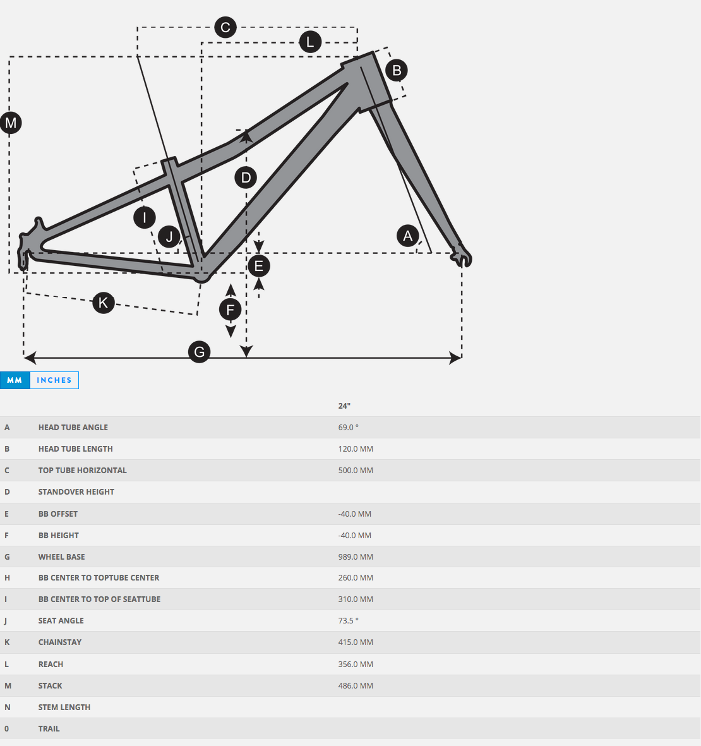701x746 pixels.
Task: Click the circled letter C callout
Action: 225,27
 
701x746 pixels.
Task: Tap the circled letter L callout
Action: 310,42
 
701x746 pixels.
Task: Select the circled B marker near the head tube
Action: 397,70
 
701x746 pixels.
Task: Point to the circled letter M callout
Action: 11,123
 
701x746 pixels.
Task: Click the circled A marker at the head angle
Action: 408,236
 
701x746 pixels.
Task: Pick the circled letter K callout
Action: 104,303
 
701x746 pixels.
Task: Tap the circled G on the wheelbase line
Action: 200,352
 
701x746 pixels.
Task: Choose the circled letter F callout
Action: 231,310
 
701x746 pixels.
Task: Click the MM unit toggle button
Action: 15,380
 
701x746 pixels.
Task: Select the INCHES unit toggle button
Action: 54,380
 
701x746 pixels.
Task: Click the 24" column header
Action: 344,406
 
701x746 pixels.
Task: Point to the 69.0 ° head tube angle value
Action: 348,428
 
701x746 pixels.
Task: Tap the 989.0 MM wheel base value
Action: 356,557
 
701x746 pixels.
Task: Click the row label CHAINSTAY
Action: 60,642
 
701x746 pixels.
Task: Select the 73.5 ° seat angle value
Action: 348,621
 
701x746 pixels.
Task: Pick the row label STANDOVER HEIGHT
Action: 76,492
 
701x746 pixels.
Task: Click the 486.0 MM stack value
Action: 356,686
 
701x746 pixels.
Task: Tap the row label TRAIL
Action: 49,729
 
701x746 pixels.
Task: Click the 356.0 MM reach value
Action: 356,665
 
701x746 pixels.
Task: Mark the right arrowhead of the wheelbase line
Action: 456,358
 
